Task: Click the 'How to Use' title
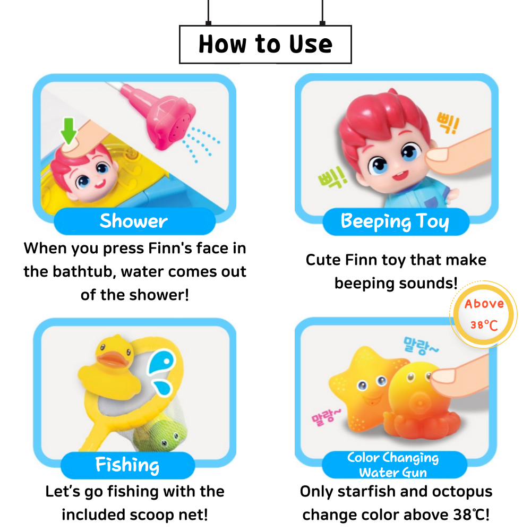pos(265,44)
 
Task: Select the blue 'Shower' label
pos(134,221)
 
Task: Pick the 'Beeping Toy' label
pos(396,222)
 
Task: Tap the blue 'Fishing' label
pos(127,465)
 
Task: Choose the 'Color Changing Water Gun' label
pos(394,465)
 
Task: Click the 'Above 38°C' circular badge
pos(484,314)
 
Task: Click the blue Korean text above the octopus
pos(420,346)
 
